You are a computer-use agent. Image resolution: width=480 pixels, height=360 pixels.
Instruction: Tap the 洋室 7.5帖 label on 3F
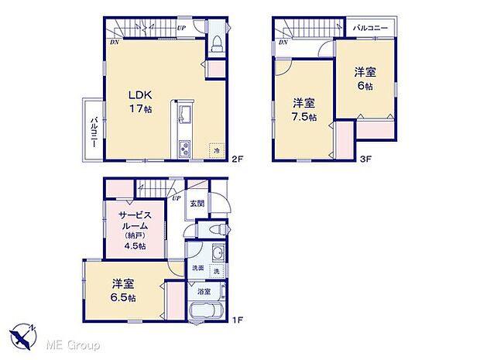(303, 110)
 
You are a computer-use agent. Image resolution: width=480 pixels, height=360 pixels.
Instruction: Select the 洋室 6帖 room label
(365, 79)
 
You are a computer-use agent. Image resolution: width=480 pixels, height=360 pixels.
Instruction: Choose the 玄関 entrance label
(197, 204)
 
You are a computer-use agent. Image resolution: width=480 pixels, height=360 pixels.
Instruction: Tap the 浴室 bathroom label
(204, 292)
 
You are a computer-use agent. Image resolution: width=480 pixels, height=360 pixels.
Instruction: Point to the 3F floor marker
(365, 159)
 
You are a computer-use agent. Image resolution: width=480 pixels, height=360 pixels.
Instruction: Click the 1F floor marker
(239, 318)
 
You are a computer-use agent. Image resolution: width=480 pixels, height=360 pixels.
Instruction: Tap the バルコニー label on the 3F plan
(370, 28)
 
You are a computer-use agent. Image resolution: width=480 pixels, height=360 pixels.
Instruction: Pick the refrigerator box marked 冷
(217, 150)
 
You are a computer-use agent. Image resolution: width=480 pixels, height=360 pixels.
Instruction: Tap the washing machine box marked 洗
(217, 269)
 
